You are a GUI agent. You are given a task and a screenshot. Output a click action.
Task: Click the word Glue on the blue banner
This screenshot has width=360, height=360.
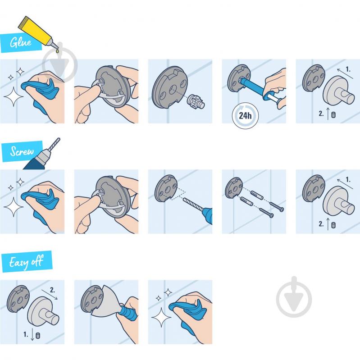point(21,42)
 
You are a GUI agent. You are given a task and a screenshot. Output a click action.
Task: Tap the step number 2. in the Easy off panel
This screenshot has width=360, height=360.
point(53,290)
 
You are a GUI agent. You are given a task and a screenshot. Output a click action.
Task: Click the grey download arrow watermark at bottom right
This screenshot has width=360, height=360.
point(294,296)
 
